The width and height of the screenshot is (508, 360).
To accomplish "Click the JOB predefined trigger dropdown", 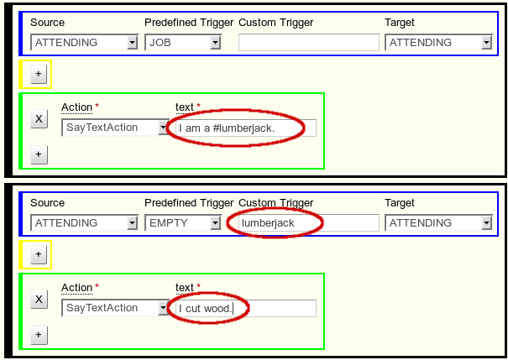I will (x=183, y=43).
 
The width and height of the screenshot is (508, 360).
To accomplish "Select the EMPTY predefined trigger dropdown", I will (x=183, y=223).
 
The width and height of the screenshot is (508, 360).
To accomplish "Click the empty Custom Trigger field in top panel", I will (x=308, y=43).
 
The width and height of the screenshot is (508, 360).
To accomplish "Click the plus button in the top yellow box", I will (x=39, y=74).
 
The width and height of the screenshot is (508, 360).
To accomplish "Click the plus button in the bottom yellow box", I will (x=39, y=254).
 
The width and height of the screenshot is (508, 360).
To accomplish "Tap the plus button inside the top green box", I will (x=39, y=154).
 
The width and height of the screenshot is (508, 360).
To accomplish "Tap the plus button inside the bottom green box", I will (x=39, y=335).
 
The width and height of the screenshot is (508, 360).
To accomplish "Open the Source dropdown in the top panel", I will (x=84, y=43).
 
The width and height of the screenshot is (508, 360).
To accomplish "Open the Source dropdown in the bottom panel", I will (x=84, y=223).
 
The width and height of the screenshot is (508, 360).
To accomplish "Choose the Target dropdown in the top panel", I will (x=438, y=43).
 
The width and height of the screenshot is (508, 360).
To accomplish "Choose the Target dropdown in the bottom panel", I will (x=438, y=223).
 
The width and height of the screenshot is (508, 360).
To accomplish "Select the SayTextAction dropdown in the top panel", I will (x=117, y=128).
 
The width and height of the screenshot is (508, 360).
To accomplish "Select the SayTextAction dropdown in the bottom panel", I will (x=117, y=308).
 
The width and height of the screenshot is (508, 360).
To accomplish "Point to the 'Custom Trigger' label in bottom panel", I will (x=275, y=203).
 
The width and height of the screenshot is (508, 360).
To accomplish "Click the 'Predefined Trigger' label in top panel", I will (x=189, y=23).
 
